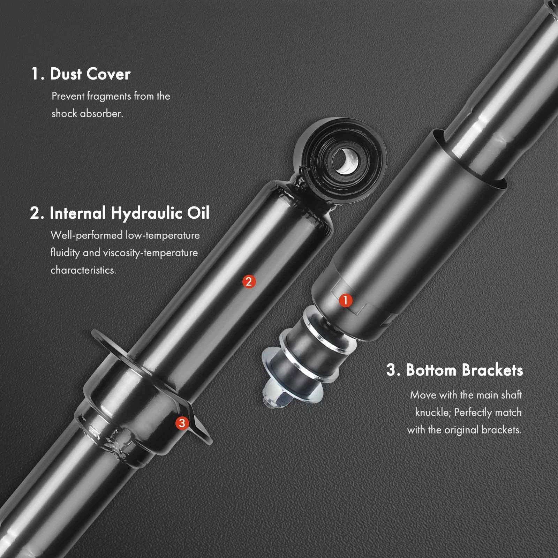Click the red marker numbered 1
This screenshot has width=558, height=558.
coord(346,300)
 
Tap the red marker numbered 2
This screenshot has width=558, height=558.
coord(249,281)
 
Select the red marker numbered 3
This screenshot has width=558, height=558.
coord(182,423)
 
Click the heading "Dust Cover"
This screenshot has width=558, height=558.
coord(90,74)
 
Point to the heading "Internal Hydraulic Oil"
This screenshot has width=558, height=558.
coord(130,213)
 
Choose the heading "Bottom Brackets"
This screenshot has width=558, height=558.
coord(465,370)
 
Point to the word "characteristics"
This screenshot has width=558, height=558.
coord(83,270)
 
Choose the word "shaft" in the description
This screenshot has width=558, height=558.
coord(511,395)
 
